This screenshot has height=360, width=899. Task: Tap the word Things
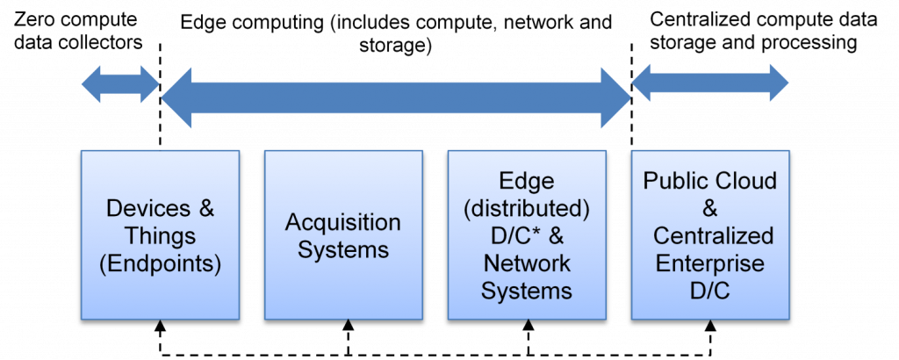click(160, 235)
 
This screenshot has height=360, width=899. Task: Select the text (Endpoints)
click(160, 263)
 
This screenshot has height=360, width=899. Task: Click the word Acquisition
click(342, 222)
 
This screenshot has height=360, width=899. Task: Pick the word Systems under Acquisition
click(342, 249)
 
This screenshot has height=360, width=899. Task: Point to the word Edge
click(526, 182)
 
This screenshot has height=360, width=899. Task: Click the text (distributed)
click(526, 209)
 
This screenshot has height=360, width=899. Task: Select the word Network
click(526, 263)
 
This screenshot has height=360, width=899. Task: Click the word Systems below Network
click(526, 291)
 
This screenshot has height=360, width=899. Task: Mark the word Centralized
click(713, 236)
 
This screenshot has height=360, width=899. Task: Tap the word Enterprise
click(709, 263)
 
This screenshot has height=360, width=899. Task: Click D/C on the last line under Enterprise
click(709, 291)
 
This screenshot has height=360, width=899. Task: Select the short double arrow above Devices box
click(119, 84)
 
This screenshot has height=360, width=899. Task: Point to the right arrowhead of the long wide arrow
click(615, 97)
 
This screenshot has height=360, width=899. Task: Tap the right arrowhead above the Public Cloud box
click(778, 83)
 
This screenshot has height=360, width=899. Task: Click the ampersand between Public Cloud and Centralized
click(710, 209)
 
